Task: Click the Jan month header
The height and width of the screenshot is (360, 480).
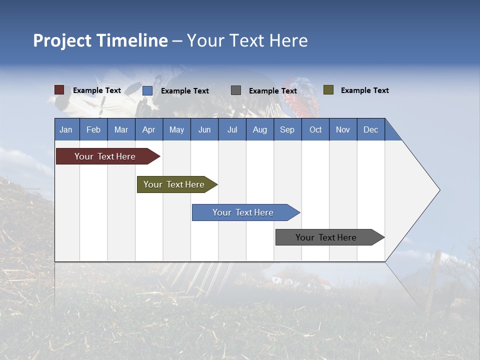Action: (66, 129)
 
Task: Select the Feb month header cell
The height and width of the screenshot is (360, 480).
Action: (93, 129)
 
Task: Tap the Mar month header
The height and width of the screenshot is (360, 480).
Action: (121, 129)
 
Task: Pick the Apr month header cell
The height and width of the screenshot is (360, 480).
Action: (149, 129)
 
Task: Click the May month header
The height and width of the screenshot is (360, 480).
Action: (176, 129)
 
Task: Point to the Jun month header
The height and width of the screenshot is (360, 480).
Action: (204, 129)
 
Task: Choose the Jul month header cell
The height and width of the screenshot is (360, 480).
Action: (232, 129)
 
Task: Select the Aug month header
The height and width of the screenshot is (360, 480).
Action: (260, 129)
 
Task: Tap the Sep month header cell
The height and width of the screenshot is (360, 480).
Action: (287, 129)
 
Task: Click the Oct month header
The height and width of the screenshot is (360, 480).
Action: (315, 129)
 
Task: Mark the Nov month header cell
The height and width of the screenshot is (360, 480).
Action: (343, 129)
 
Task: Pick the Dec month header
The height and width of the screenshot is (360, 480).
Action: (371, 129)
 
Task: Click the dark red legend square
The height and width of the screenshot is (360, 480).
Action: (59, 90)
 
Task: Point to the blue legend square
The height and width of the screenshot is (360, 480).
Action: (147, 90)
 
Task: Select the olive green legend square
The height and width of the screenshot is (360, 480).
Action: (328, 90)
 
